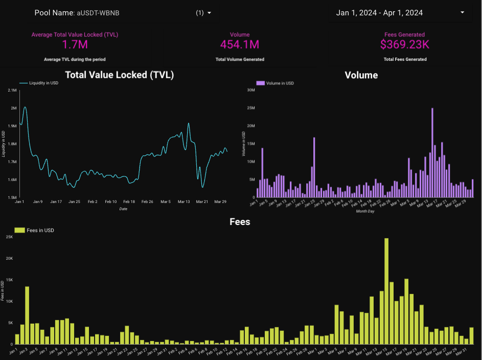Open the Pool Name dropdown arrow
click(209, 13)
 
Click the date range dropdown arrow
click(462, 13)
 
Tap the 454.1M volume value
click(240, 44)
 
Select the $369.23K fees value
click(405, 44)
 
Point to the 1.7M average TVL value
click(75, 44)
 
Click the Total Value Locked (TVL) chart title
click(120, 75)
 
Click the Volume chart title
click(361, 75)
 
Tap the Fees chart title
click(240, 222)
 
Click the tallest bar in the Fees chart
click(386, 290)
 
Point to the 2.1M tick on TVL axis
click(13, 90)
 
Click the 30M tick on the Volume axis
click(251, 90)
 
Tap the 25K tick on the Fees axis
click(9, 237)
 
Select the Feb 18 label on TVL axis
click(129, 202)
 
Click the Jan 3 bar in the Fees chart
click(27, 315)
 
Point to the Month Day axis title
click(365, 211)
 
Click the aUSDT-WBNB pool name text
click(98, 13)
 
